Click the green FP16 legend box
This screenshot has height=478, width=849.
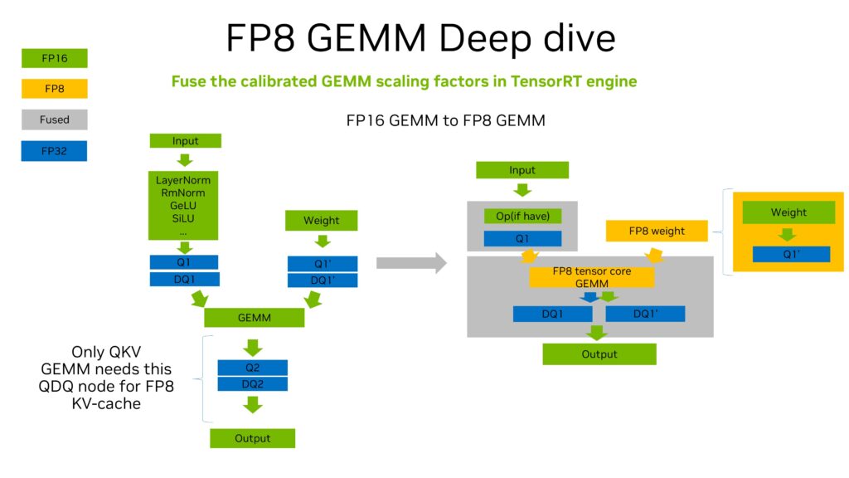click(x=54, y=58)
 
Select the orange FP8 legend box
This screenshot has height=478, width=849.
click(x=54, y=89)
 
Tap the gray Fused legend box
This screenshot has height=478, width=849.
click(x=54, y=119)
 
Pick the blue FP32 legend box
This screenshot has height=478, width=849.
click(x=54, y=151)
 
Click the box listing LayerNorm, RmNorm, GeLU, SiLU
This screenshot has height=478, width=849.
click(x=183, y=205)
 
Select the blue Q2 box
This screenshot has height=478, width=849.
click(x=252, y=367)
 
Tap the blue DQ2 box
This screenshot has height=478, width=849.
click(x=252, y=384)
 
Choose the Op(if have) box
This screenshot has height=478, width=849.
click(x=522, y=216)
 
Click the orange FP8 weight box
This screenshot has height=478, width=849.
click(x=657, y=231)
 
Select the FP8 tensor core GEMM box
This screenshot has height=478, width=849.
click(x=592, y=277)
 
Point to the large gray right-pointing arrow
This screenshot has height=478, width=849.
click(x=411, y=263)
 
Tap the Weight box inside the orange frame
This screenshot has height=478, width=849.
click(x=788, y=212)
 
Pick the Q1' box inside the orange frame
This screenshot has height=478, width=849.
click(x=791, y=254)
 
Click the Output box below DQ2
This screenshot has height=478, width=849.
click(x=252, y=438)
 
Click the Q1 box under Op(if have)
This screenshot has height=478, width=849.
click(x=522, y=239)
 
